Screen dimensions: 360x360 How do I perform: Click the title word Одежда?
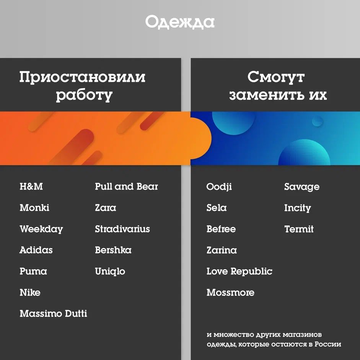180,22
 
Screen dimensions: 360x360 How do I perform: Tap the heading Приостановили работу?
82,86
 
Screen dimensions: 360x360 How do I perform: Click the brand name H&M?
31,186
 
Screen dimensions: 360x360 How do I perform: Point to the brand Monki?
34,208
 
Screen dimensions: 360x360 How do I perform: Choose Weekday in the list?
41,229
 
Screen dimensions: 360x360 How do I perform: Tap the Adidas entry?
36,250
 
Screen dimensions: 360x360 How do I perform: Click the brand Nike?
30,293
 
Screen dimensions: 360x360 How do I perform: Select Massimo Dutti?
53,314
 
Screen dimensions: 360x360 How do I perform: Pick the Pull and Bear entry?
126,186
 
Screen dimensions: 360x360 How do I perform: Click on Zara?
105,208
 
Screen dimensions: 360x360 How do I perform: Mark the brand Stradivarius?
122,229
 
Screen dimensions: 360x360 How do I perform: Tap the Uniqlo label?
110,272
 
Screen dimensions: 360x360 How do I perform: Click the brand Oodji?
219,187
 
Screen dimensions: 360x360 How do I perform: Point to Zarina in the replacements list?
222,250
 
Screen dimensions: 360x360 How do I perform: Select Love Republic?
239,272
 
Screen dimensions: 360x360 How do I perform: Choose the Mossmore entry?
230,293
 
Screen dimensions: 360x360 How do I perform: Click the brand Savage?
301,187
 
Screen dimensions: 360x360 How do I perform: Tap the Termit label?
299,229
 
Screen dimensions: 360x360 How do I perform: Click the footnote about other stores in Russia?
273,339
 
